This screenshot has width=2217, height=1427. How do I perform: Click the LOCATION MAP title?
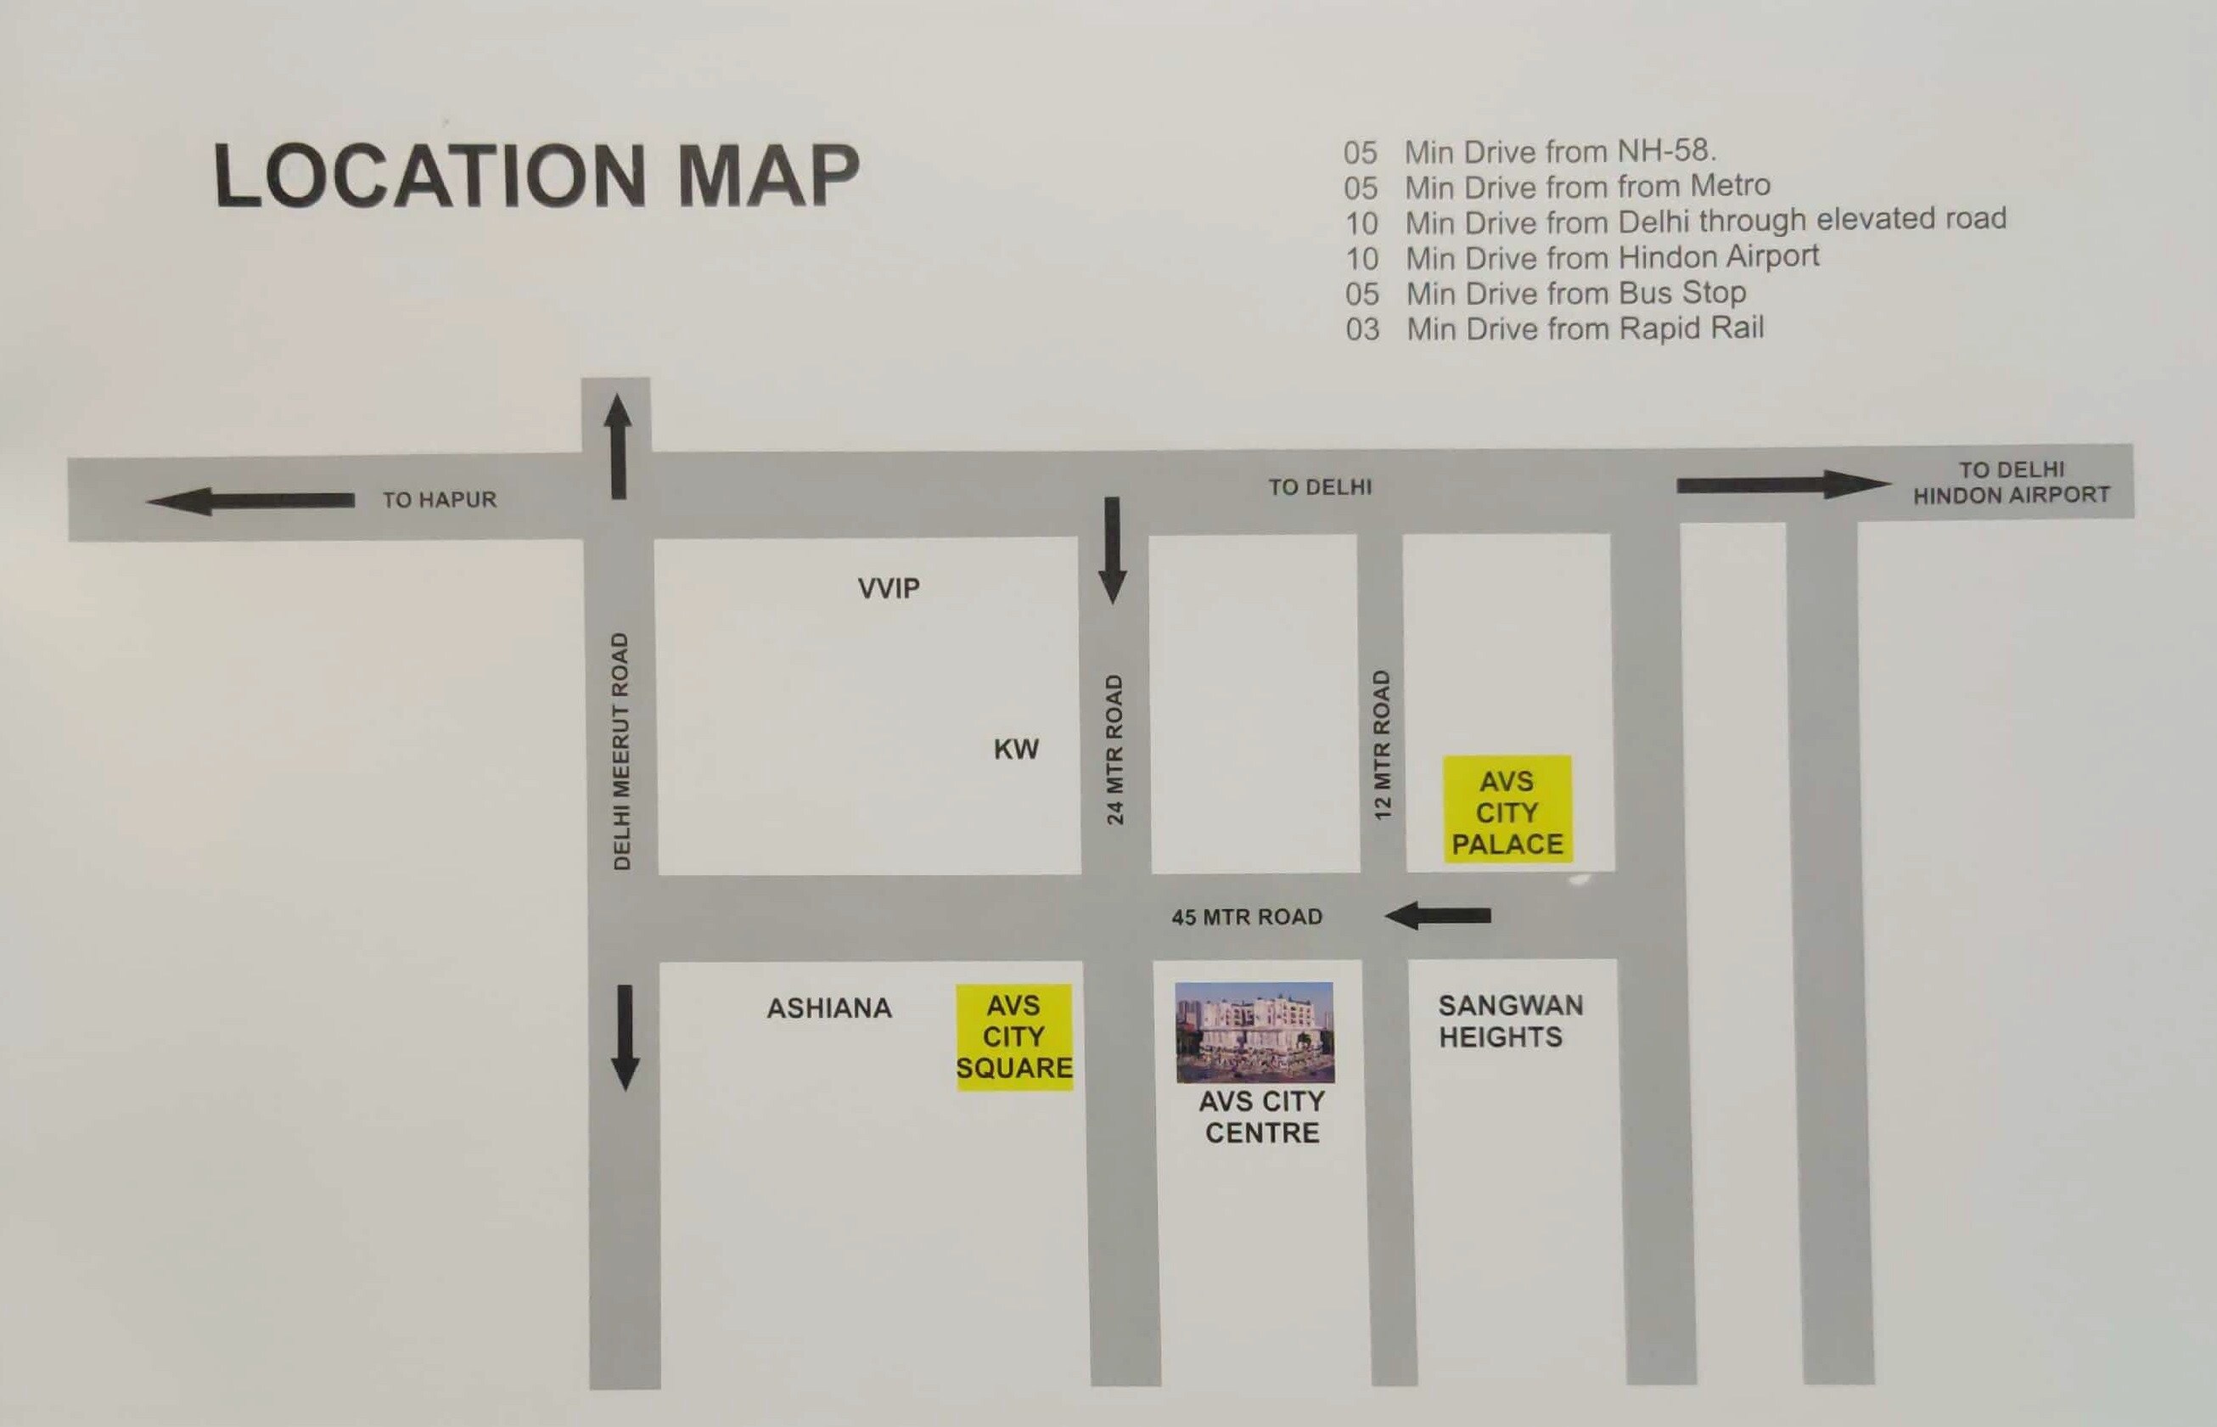click(536, 175)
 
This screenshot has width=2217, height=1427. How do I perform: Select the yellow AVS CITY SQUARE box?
click(1014, 1036)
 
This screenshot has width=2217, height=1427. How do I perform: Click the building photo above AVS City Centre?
click(1255, 1031)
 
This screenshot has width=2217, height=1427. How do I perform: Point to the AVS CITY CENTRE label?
click(1262, 1116)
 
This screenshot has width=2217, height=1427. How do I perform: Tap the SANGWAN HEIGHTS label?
click(1510, 1020)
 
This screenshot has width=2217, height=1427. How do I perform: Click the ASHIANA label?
click(829, 1008)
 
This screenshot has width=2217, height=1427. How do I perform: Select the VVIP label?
click(889, 587)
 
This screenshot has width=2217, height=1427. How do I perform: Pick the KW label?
click(1015, 749)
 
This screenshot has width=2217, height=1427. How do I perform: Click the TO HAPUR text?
click(440, 499)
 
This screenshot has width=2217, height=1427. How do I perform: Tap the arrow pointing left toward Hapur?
click(250, 502)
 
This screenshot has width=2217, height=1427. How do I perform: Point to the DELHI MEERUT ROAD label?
click(620, 750)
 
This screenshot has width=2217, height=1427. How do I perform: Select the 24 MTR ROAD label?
click(1114, 749)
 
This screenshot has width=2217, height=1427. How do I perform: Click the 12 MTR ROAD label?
click(1383, 744)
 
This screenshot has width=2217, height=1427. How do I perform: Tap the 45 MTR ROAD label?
click(1246, 917)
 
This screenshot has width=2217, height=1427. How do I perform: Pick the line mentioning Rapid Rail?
click(1555, 329)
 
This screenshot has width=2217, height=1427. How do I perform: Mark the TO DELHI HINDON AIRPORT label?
click(2012, 483)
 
